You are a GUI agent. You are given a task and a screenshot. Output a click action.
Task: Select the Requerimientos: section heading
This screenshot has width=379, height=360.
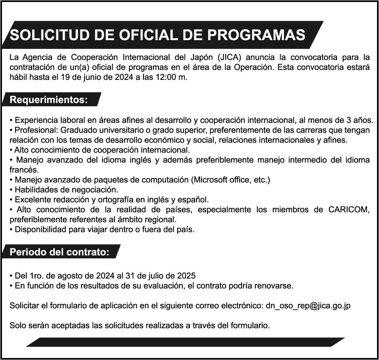[x=48, y=99]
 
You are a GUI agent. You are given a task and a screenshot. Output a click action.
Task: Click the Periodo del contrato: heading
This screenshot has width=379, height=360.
[x=59, y=252]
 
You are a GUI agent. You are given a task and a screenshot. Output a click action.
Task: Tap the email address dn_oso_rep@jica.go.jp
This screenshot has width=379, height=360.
[x=308, y=306]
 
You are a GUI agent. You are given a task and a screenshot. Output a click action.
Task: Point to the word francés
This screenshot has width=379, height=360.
[x=23, y=170]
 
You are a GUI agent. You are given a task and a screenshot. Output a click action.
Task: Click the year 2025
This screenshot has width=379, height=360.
[x=186, y=275]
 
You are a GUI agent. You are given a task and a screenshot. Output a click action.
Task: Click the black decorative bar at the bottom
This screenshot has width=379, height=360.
[x=186, y=342]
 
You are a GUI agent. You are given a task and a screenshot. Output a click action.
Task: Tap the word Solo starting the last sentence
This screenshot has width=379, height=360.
[x=18, y=326]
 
